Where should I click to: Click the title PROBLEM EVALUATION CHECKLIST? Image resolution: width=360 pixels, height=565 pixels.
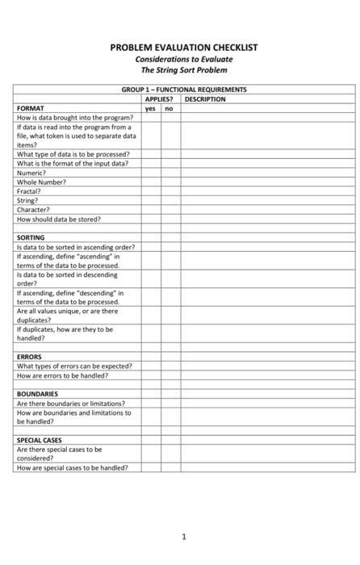[x=184, y=48]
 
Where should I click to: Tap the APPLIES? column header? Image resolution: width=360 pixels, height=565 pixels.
[x=159, y=98]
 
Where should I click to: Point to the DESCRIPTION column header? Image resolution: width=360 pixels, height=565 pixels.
[x=205, y=98]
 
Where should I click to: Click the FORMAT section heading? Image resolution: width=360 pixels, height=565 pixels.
[x=31, y=107]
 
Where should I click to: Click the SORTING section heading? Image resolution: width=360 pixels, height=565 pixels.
[x=31, y=238]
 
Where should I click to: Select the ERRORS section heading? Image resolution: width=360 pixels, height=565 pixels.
[x=29, y=357]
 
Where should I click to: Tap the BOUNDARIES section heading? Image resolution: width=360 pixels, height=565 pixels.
[x=37, y=394]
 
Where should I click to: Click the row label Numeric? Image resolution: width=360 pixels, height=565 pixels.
[x=31, y=173]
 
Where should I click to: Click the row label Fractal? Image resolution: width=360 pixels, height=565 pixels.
[x=29, y=191]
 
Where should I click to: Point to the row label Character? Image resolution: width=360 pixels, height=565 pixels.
[x=33, y=210]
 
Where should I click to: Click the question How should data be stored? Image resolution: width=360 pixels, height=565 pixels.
[x=59, y=219]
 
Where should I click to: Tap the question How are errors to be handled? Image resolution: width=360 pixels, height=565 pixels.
[x=62, y=375]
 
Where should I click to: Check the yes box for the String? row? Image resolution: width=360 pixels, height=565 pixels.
[x=150, y=201]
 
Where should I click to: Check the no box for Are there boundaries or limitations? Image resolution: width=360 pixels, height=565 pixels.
[x=170, y=404]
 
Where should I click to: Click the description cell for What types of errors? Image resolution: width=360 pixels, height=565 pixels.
[x=266, y=366]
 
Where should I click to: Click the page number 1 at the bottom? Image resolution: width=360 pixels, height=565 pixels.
[x=184, y=536]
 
